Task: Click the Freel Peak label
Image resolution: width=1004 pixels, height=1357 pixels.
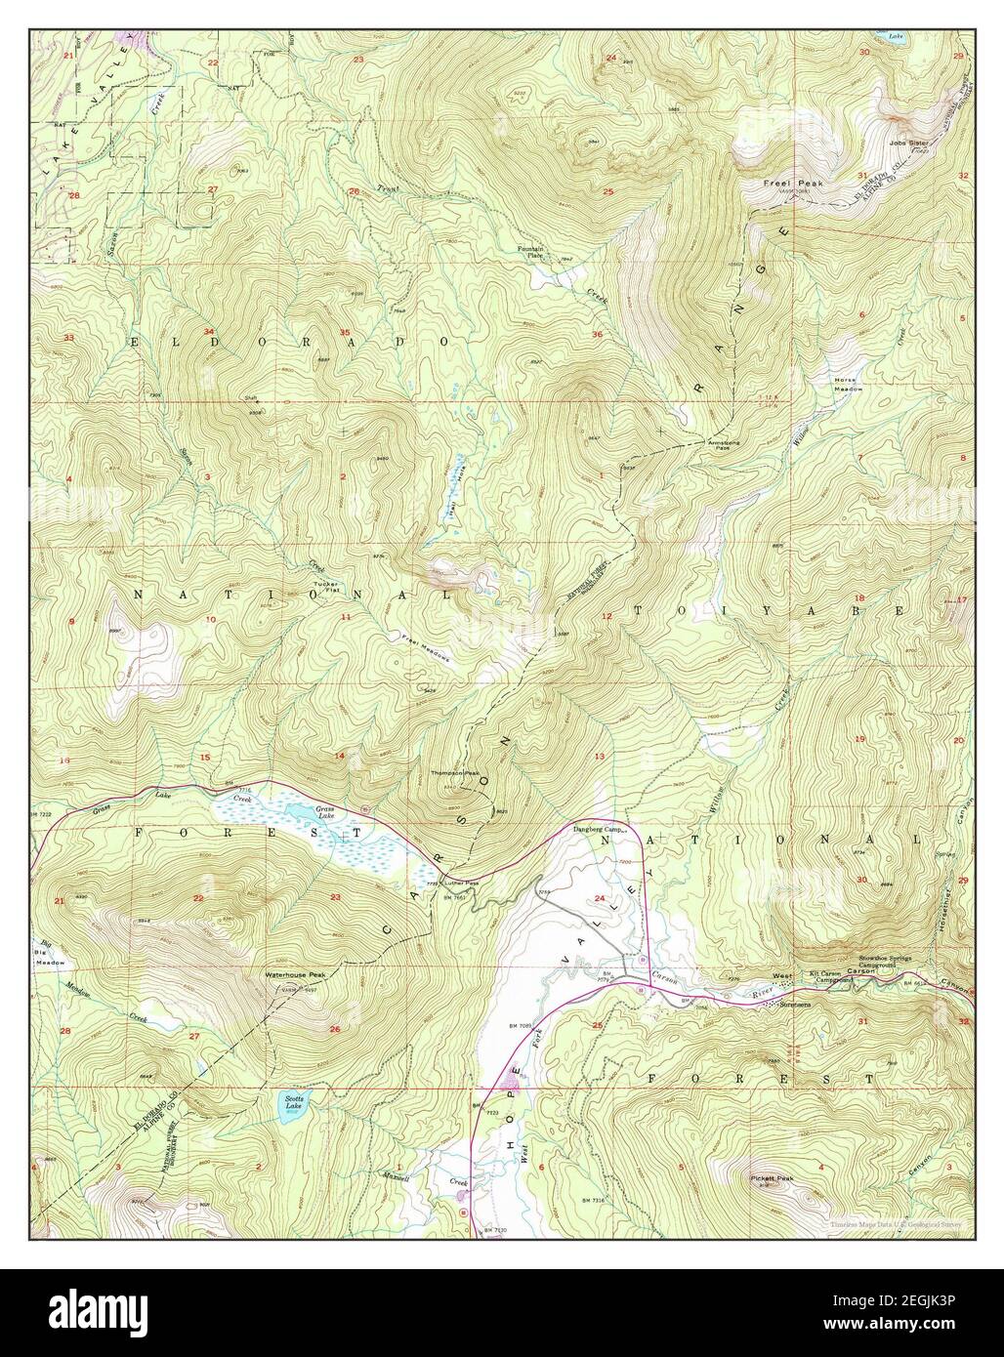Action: (794, 184)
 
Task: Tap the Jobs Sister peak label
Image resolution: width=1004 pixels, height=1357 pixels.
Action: (908, 143)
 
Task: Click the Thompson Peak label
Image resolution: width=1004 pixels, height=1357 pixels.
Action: (456, 773)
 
